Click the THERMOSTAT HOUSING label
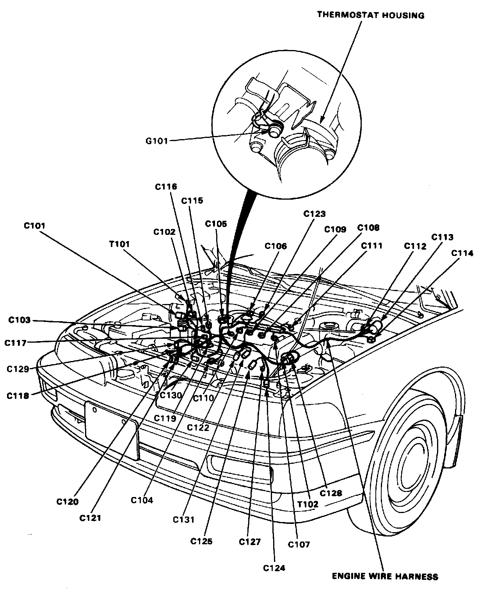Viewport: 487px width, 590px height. [370, 15]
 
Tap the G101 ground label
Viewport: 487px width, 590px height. [156, 141]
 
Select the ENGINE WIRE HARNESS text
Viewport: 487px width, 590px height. [385, 576]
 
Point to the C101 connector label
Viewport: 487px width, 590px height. [34, 226]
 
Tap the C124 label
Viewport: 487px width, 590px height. [274, 568]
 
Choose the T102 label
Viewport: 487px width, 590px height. [307, 504]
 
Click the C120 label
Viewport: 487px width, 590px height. [67, 501]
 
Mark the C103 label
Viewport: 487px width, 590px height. [19, 320]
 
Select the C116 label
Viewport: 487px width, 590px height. [166, 187]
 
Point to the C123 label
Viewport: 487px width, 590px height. [315, 214]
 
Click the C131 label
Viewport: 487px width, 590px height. [184, 520]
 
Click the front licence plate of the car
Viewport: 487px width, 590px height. [111, 430]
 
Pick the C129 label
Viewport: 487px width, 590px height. [18, 369]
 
